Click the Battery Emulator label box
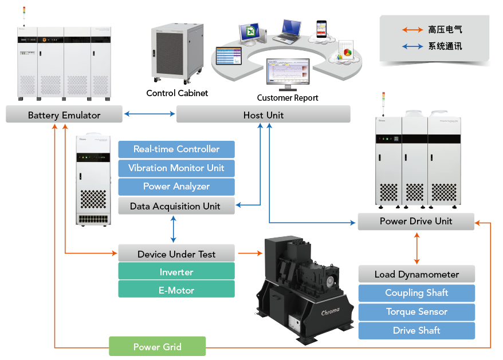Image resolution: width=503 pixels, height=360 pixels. (x=64, y=114)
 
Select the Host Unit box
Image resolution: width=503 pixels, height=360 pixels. (x=264, y=114)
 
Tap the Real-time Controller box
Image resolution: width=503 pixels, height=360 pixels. (x=176, y=149)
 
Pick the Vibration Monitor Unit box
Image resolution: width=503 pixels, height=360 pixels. (x=176, y=168)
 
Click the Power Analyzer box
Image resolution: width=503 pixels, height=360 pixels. (x=176, y=187)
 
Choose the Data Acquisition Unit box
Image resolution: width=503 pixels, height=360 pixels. (x=176, y=206)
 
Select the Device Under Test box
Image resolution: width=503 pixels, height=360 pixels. (x=176, y=254)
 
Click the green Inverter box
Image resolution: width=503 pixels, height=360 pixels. (x=176, y=272)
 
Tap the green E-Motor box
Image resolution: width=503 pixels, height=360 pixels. (x=176, y=290)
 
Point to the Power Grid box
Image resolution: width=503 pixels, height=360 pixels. (x=158, y=346)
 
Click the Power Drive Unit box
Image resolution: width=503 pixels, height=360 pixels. (x=416, y=221)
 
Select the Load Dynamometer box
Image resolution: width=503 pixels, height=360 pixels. (x=416, y=274)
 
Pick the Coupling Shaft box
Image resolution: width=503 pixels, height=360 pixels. (x=416, y=293)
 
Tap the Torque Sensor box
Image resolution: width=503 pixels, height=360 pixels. (x=416, y=312)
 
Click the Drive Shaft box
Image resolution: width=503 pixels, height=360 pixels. (x=416, y=330)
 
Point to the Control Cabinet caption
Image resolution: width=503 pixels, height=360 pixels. (x=177, y=93)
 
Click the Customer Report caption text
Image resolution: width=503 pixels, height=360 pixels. (x=288, y=98)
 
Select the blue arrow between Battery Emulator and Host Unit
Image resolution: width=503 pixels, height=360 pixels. (x=150, y=114)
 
